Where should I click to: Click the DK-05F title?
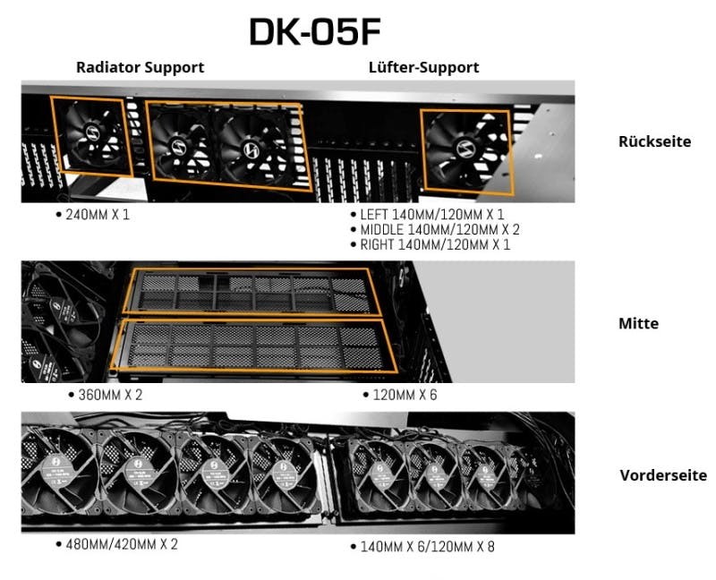[315, 31]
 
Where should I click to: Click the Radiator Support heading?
[141, 67]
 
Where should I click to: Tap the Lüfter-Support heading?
[423, 67]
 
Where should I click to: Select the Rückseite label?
[654, 141]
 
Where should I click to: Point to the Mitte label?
[638, 323]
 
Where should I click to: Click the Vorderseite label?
[663, 475]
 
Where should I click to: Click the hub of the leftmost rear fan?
[93, 133]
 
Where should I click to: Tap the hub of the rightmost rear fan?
[465, 149]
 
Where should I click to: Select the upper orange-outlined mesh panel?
[252, 292]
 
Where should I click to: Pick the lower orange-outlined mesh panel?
[254, 346]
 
